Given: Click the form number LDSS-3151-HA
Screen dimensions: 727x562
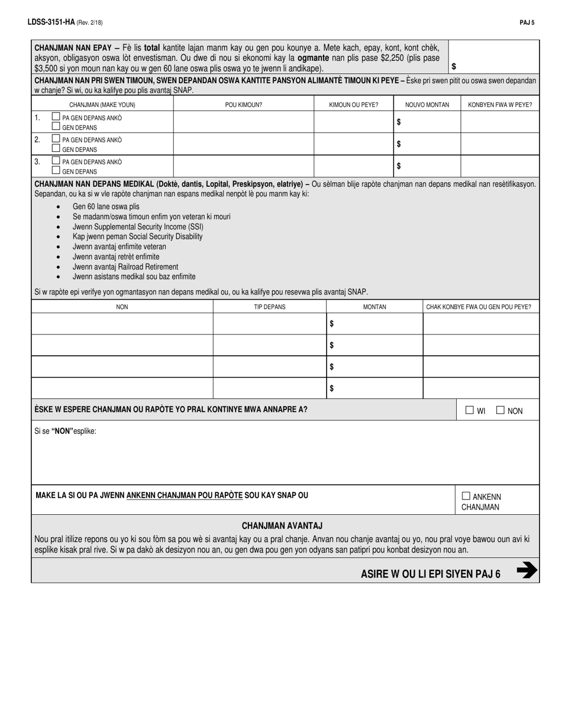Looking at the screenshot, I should coord(50,22).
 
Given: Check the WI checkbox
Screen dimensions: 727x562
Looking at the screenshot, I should coord(470,410).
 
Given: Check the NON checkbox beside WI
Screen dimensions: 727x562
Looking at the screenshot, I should coord(500,410).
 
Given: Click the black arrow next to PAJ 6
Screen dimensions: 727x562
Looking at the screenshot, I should coord(526,570).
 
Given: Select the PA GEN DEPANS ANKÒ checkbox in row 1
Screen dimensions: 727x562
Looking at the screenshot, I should coord(56,117).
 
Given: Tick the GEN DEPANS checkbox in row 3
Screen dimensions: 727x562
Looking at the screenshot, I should coord(56,171).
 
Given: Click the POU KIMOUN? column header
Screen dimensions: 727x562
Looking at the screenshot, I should coord(243,105).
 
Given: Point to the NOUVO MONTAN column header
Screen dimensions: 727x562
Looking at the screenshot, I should coord(427,105).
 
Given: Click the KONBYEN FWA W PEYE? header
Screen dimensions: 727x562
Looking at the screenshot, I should coord(499,105).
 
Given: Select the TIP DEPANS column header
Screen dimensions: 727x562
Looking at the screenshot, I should coord(269,307).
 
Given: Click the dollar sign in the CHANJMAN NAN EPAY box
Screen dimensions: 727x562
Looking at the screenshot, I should coord(454,66).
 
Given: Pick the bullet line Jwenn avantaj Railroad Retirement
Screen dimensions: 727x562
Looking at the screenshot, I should coord(125,267).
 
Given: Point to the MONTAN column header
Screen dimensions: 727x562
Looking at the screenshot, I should coord(374,307).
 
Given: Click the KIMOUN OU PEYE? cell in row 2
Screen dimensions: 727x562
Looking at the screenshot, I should coord(353,144).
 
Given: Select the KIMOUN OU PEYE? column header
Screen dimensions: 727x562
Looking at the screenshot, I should coord(353,105).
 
